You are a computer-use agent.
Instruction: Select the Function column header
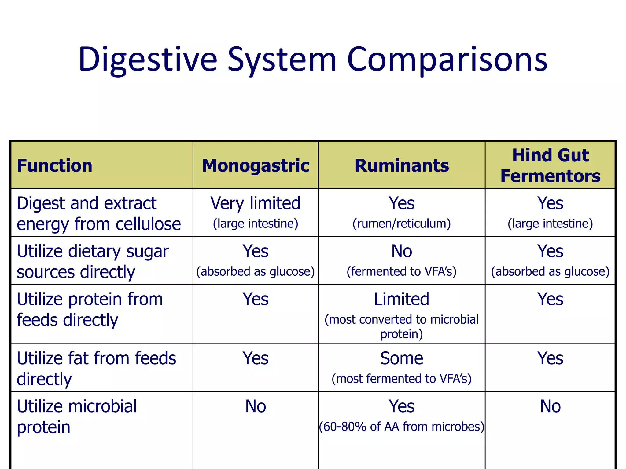tap(54, 166)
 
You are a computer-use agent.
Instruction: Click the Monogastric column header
tap(256, 166)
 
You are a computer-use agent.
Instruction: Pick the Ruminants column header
tap(402, 166)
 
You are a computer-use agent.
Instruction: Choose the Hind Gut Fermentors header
tap(550, 165)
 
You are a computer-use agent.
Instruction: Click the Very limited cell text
tap(256, 203)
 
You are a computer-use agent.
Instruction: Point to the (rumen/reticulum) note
tap(402, 224)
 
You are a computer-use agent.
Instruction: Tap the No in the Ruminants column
tap(402, 251)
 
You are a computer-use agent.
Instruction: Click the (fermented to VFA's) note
tap(402, 271)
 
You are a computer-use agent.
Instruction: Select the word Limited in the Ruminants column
tap(402, 299)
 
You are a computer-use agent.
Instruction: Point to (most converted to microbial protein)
tap(402, 326)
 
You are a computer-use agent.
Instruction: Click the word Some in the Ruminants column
tap(402, 358)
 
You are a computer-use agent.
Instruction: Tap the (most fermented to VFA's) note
tap(402, 379)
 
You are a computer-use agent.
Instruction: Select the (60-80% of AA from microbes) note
tap(402, 427)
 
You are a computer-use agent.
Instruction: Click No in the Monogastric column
tap(256, 406)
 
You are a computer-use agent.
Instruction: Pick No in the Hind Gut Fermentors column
tap(550, 406)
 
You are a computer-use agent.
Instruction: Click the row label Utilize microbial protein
tap(76, 416)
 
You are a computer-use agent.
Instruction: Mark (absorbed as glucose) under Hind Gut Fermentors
tap(550, 271)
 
